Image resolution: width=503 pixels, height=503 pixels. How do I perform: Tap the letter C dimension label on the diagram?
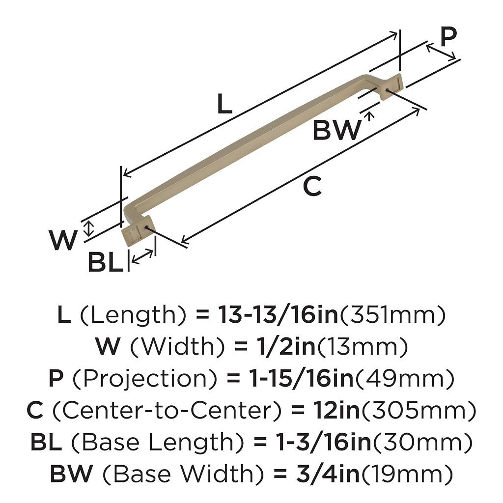(312, 187)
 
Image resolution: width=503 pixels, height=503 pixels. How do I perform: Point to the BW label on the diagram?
(336, 131)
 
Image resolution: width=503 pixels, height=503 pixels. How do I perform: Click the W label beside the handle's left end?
(63, 241)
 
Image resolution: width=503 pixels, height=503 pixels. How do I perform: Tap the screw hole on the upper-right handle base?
(389, 90)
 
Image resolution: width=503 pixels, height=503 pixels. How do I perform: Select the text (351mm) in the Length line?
(392, 315)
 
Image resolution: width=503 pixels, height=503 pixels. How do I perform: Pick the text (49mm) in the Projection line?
(404, 379)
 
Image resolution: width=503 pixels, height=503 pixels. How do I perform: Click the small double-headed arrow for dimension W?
(88, 228)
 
